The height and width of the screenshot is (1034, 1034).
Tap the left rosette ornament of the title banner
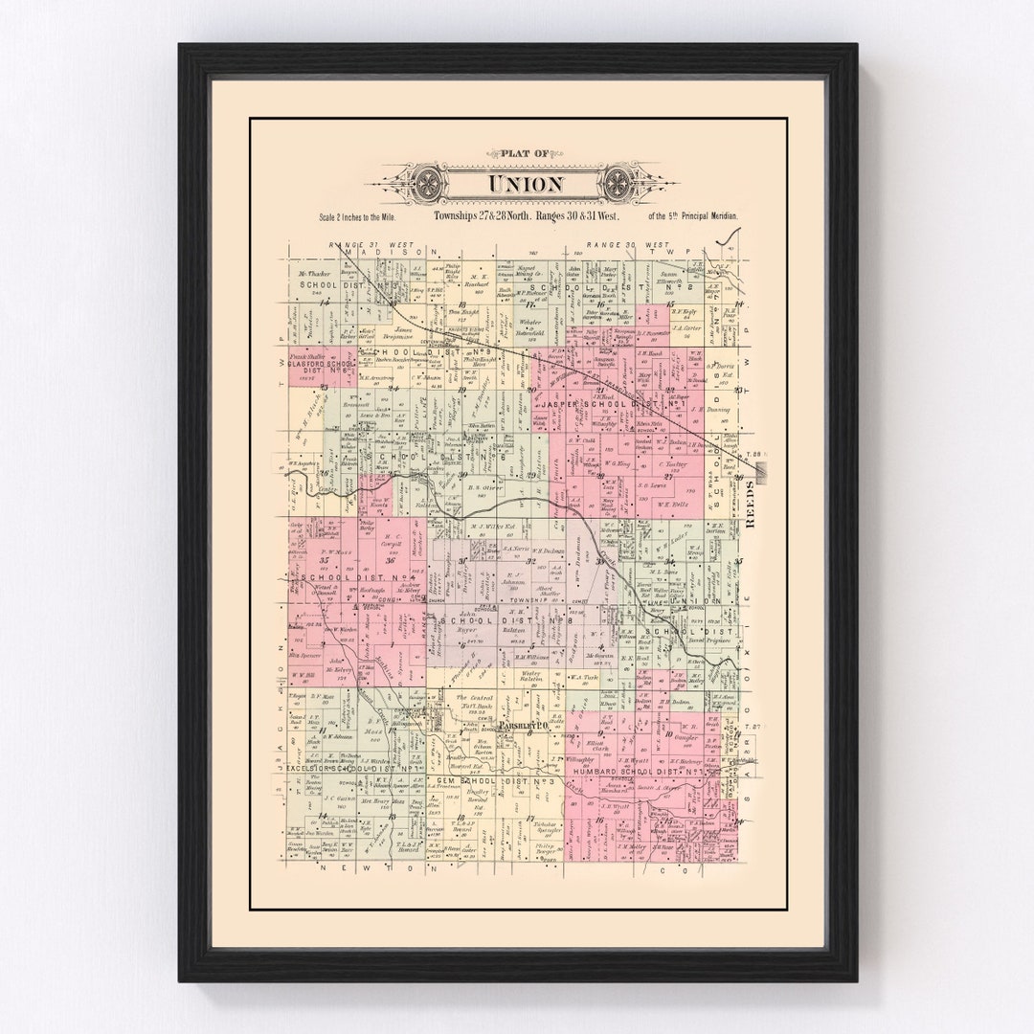coord(424,182)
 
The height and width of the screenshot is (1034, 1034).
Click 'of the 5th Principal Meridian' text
coord(693,218)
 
